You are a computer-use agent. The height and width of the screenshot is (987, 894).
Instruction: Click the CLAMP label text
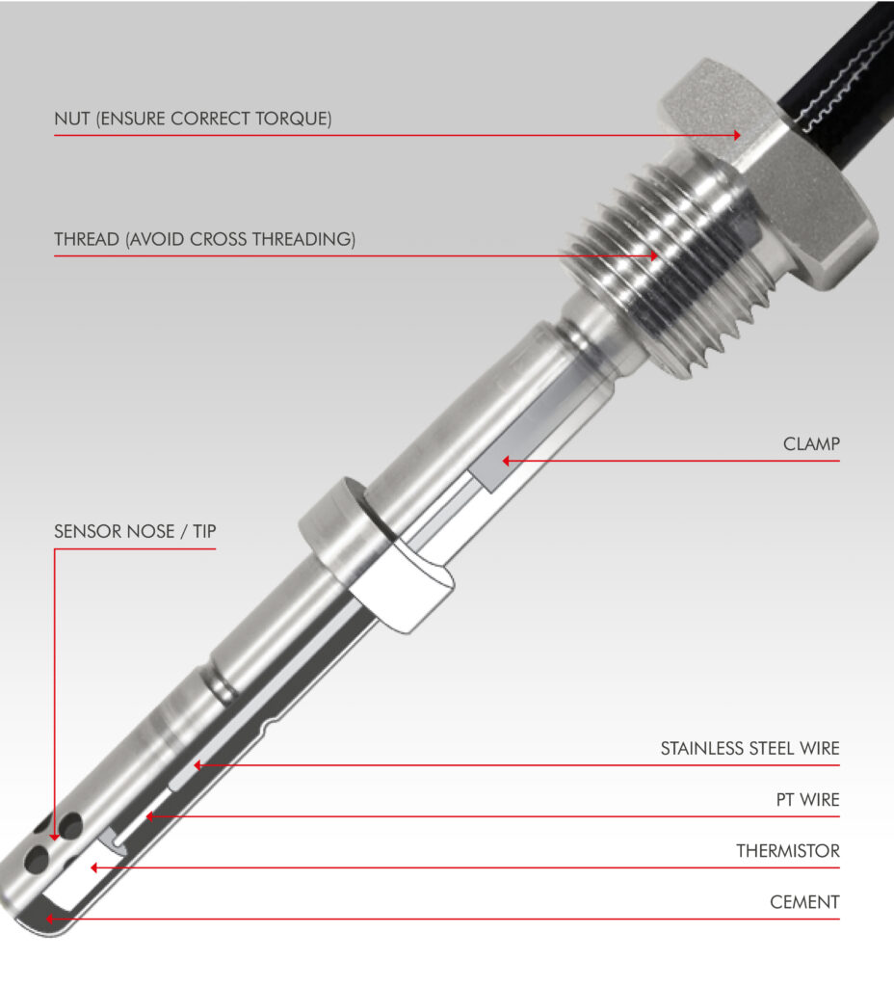point(811,443)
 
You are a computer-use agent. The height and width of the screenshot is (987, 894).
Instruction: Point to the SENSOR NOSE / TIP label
point(135,531)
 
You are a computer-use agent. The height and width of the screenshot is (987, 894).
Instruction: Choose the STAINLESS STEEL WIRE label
point(749,748)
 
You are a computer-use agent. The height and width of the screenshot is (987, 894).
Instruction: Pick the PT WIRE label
point(808,800)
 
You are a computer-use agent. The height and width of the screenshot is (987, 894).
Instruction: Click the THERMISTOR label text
point(788,851)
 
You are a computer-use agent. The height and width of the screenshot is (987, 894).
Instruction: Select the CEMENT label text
point(804,902)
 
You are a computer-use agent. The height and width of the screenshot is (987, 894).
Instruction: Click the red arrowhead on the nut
point(737,135)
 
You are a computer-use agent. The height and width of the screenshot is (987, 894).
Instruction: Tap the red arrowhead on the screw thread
point(654,255)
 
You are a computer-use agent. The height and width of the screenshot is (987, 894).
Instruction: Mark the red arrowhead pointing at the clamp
point(506,461)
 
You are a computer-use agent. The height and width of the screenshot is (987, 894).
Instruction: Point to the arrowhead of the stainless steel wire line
point(197,765)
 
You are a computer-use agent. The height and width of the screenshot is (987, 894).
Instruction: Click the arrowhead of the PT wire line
point(149,816)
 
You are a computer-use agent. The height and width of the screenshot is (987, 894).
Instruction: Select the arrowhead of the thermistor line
point(94,868)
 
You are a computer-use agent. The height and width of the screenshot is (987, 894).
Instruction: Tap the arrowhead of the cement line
point(50,919)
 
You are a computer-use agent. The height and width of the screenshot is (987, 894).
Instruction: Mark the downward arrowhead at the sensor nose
point(54,836)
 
